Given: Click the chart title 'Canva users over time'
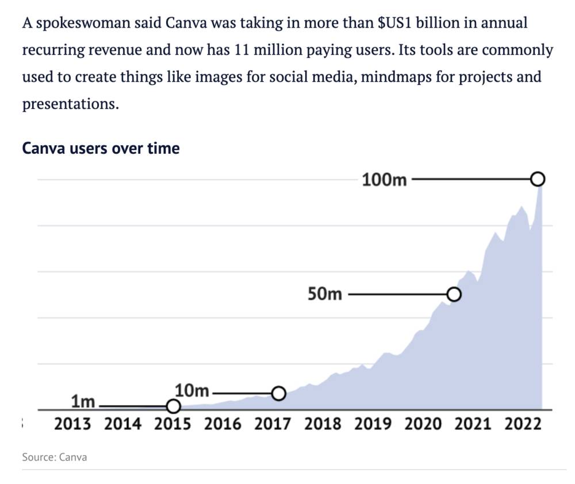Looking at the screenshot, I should click(x=101, y=148).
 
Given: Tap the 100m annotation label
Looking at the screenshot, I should click(x=385, y=180).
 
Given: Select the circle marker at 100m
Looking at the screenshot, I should click(x=538, y=180).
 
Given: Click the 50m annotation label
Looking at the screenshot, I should click(x=325, y=295).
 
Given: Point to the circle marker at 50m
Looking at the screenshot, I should click(x=454, y=295).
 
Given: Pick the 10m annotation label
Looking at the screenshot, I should click(x=192, y=391).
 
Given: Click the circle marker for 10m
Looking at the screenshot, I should click(x=278, y=393).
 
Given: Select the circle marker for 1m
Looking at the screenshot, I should click(x=173, y=406).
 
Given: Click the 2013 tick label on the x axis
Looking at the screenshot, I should click(x=72, y=424).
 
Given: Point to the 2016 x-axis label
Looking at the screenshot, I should click(x=223, y=424).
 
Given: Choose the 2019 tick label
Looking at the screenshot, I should click(x=373, y=424).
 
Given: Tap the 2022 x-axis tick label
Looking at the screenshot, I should click(x=523, y=424).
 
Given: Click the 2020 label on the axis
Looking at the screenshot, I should click(x=423, y=424).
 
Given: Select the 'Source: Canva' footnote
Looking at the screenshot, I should click(x=55, y=457).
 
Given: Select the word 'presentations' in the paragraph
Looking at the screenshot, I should click(x=67, y=104).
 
